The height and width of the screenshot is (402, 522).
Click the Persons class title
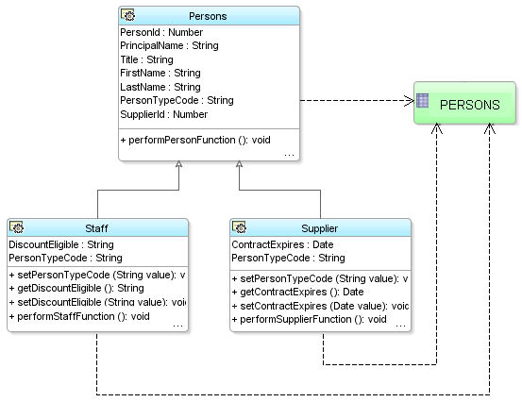pyautogui.click(x=208, y=16)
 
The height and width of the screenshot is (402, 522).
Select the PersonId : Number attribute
pyautogui.click(x=161, y=32)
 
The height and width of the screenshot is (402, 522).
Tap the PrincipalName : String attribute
pyautogui.click(x=169, y=45)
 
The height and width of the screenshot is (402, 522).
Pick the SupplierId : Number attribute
pyautogui.click(x=163, y=114)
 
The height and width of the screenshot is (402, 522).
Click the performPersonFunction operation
pyautogui.click(x=195, y=140)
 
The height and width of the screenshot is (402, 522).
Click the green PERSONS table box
pyautogui.click(x=465, y=105)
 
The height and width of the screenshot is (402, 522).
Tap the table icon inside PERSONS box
pyautogui.click(x=424, y=101)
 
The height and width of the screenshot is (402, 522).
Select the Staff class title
pyautogui.click(x=96, y=228)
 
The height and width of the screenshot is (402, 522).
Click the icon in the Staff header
pyautogui.click(x=17, y=228)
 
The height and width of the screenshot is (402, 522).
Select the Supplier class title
pyautogui.click(x=320, y=228)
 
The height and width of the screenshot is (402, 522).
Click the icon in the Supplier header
pyautogui.click(x=240, y=228)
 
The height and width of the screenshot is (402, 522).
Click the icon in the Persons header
pyautogui.click(x=128, y=16)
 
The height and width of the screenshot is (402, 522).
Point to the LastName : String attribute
pyautogui.click(x=160, y=87)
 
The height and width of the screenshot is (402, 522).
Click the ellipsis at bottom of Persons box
pyautogui.click(x=289, y=153)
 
